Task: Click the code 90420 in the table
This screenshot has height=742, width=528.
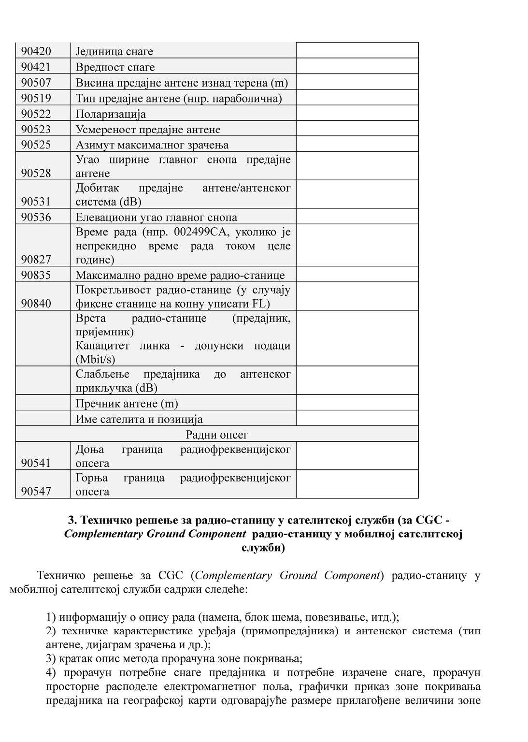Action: click(x=36, y=51)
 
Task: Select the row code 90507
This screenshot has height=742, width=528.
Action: click(x=36, y=83)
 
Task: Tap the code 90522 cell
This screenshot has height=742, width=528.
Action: click(x=36, y=114)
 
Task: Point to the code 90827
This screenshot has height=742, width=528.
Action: click(x=36, y=260)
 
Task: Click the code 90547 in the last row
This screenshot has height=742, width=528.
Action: click(x=36, y=492)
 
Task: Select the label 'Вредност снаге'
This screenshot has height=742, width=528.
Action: click(x=115, y=67)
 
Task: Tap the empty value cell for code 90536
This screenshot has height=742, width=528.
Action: click(x=357, y=217)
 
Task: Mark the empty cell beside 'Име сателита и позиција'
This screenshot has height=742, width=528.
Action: click(x=357, y=419)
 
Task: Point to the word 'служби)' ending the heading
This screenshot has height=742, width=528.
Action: click(x=263, y=548)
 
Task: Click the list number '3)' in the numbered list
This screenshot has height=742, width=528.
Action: click(x=51, y=658)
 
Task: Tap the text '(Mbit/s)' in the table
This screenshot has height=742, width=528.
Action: click(x=96, y=359)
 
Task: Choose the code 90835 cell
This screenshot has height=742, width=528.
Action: click(x=36, y=275)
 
